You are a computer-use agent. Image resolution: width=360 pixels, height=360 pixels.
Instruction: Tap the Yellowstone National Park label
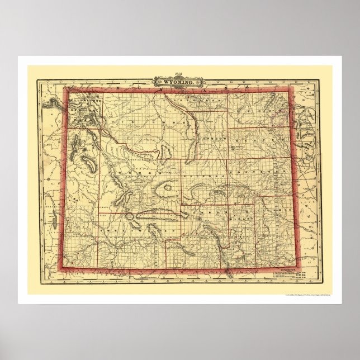84,104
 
